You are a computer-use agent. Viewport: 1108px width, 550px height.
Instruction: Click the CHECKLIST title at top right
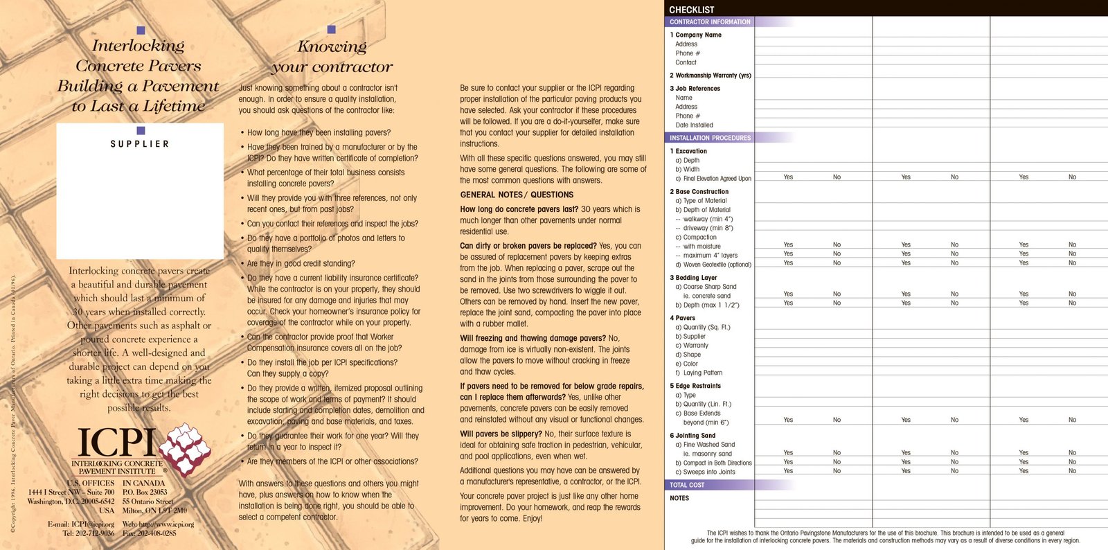coord(691,10)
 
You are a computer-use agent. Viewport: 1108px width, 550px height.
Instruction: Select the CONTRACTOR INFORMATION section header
coord(710,22)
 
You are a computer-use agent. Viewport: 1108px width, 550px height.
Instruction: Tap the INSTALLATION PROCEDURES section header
coord(710,138)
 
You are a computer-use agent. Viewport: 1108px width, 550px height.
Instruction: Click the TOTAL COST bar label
coord(687,485)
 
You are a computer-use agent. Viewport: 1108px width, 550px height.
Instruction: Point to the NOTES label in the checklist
coord(679,498)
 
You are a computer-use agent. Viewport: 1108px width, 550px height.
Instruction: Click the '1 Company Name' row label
coord(696,35)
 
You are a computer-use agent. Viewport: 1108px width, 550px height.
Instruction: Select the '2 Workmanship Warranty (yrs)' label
coord(711,76)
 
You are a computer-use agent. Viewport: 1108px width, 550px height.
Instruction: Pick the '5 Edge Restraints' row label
coord(695,386)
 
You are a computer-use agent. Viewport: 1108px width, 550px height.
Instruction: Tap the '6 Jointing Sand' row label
coord(692,436)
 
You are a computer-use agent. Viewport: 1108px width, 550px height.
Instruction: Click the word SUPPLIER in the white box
coord(140,144)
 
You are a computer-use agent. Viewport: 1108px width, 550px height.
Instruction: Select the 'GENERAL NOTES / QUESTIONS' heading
coord(517,195)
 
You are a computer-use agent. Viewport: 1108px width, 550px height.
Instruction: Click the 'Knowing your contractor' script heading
coord(332,57)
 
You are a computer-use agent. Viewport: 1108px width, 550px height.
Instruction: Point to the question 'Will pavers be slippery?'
coord(501,434)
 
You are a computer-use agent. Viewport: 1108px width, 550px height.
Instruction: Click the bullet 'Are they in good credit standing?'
coord(301,263)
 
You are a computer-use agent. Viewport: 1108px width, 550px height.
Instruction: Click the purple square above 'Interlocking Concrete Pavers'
coord(141,30)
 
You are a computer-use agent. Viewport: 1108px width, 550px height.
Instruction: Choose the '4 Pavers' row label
coord(682,318)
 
